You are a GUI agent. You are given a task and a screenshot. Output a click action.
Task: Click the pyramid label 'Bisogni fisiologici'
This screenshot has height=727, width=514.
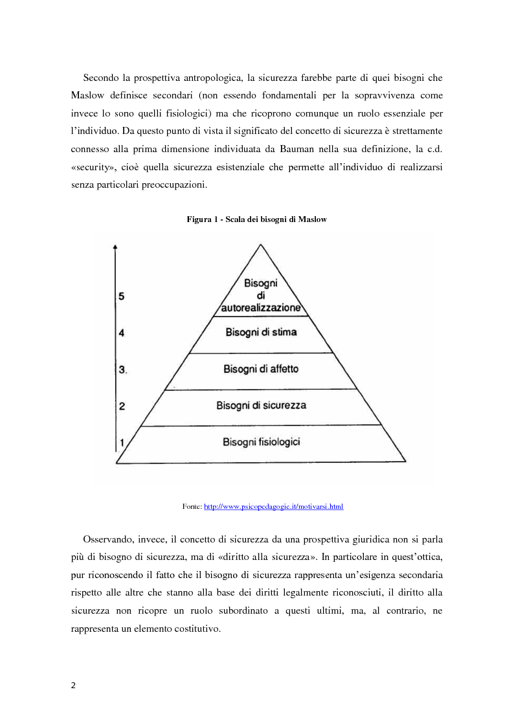pos(262,442)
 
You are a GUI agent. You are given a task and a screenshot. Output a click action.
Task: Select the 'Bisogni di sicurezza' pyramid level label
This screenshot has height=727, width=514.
pos(262,406)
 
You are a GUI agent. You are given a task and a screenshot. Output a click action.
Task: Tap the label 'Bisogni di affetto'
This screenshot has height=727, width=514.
pos(261,369)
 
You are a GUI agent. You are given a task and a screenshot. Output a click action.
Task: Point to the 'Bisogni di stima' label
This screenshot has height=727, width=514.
pos(262,333)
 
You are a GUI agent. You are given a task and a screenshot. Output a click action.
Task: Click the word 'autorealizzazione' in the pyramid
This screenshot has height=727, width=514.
pos(261,308)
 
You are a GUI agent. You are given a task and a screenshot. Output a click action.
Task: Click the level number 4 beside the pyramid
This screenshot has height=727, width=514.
pos(121,333)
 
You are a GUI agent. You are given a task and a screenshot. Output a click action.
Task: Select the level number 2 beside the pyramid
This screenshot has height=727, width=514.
pos(121,407)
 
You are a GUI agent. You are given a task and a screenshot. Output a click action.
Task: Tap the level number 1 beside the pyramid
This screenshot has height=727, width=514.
pos(121,443)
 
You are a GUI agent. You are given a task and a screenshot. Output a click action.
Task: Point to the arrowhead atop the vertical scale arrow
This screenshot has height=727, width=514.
pos(115,247)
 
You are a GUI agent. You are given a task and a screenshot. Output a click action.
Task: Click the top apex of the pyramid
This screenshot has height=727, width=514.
pos(261,245)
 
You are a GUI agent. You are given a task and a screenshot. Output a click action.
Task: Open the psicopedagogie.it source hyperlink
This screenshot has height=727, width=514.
pos(273,506)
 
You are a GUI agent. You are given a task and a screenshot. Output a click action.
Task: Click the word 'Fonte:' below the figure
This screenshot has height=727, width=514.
pos(192,506)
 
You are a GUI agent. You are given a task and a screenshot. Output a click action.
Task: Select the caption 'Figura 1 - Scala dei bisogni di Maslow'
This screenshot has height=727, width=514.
pos(257,219)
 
